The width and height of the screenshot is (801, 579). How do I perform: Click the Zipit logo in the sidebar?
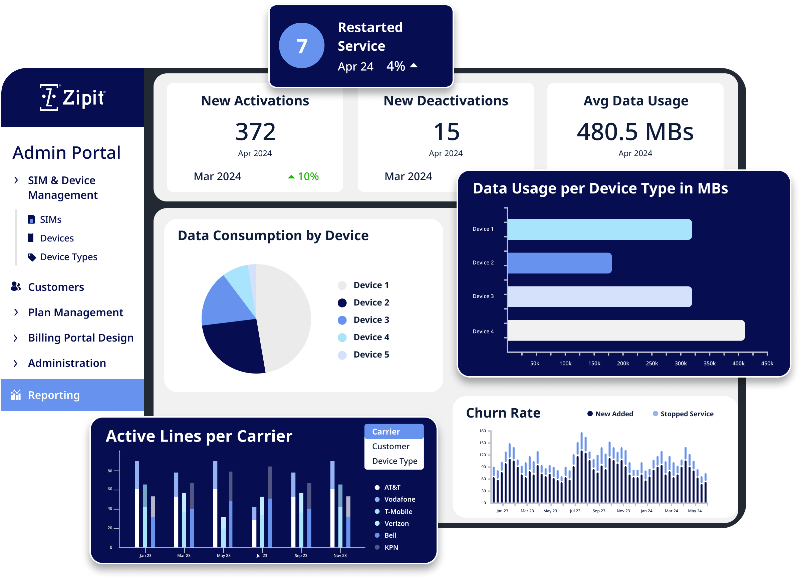[x=72, y=97]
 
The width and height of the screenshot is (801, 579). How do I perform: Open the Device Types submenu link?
[x=68, y=257]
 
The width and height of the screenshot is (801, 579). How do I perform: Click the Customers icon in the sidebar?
[x=16, y=286]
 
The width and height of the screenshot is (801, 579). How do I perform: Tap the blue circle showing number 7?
[x=301, y=46]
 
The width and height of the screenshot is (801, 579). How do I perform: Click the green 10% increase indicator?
[x=303, y=176]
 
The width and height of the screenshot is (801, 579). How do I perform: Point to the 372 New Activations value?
[x=255, y=132]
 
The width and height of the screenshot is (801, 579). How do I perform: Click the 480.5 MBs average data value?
[x=635, y=132]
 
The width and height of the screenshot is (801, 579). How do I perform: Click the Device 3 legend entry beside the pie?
[x=370, y=320]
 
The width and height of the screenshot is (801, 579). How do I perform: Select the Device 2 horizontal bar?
[x=559, y=263]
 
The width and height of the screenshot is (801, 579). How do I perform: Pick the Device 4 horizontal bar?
[x=625, y=330]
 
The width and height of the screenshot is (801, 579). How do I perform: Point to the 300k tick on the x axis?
[x=680, y=364]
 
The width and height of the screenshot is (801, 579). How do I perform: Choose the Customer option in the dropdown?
[x=390, y=446]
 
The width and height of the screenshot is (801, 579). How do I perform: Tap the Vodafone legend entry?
[x=399, y=499]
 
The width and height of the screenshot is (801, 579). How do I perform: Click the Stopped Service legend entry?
[x=686, y=414]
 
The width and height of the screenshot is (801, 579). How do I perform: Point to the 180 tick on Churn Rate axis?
[x=483, y=431]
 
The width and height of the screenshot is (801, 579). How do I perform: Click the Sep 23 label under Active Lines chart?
[x=301, y=555]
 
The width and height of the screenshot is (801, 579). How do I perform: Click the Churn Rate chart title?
[x=503, y=413]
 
